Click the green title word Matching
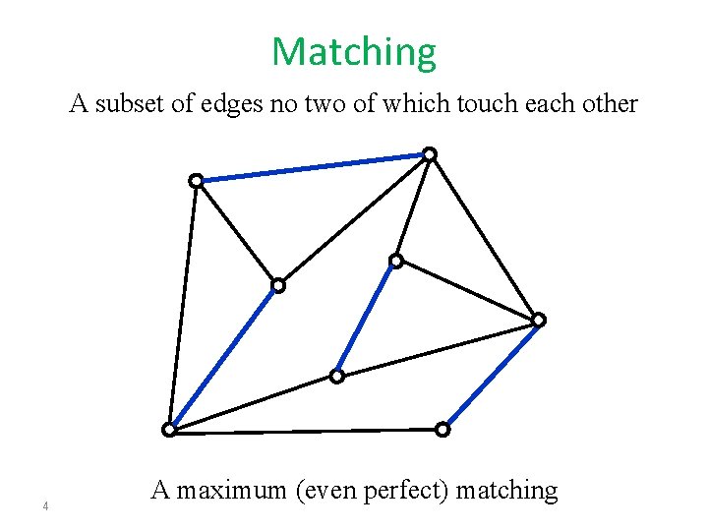(353, 52)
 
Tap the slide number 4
(45, 507)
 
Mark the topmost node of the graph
(430, 153)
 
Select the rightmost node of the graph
(539, 320)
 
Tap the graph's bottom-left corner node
(169, 430)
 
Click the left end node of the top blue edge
(196, 180)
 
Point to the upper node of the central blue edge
(395, 261)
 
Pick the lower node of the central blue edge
(336, 376)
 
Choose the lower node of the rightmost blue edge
(442, 429)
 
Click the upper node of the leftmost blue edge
(278, 285)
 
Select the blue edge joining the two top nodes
(313, 167)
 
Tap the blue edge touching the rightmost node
(491, 375)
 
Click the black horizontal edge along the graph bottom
(306, 430)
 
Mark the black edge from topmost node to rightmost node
(484, 236)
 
